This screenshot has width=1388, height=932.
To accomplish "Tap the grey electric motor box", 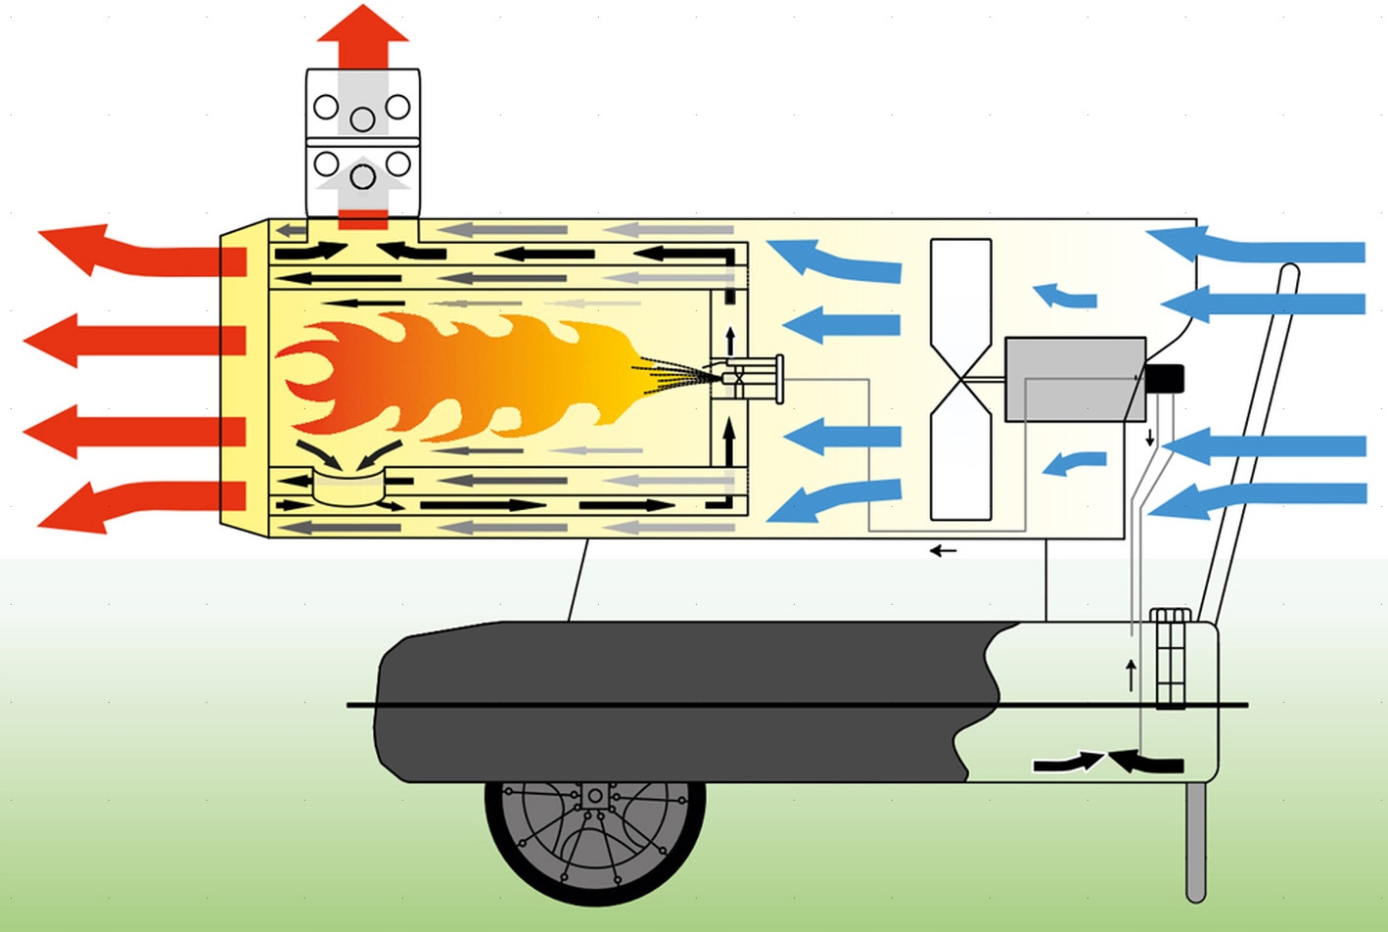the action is pyautogui.click(x=1075, y=379).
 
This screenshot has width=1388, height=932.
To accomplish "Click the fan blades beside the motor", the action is pyautogui.click(x=960, y=379).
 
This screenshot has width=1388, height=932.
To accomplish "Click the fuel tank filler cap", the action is pyautogui.click(x=1171, y=617).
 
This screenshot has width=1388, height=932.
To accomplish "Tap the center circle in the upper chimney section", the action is pyautogui.click(x=363, y=119).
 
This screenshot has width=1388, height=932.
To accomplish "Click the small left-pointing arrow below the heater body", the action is pyautogui.click(x=943, y=551).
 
